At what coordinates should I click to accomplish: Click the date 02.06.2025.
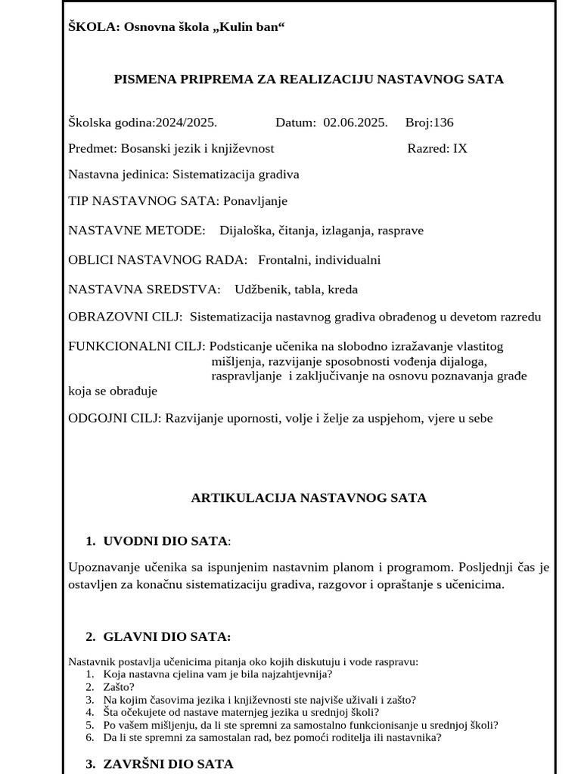point(356,122)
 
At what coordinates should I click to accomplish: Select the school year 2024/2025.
point(185,122)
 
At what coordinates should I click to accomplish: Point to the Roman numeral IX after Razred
point(460,148)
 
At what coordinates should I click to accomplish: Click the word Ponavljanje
point(255,201)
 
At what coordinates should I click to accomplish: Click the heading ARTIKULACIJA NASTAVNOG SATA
point(309,498)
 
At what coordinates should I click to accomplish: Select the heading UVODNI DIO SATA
point(165,541)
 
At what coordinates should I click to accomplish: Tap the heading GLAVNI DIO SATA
point(166,637)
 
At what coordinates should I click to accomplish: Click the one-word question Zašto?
point(120,687)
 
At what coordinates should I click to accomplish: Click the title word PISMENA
point(141,79)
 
